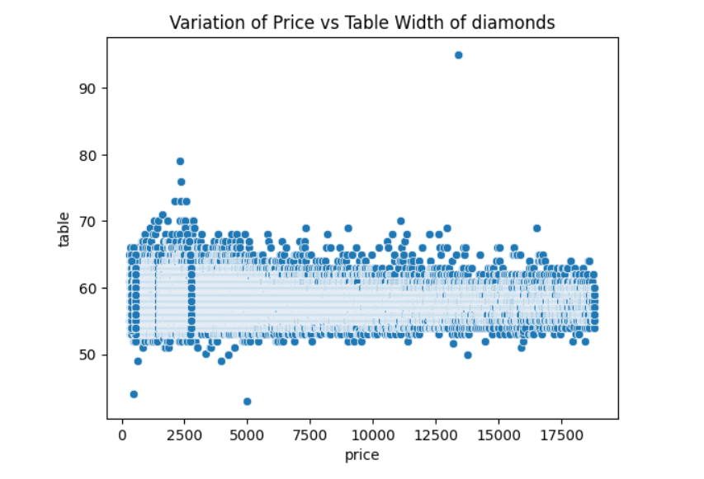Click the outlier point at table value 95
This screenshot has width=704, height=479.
(x=458, y=55)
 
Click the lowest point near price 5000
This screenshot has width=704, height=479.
(x=247, y=402)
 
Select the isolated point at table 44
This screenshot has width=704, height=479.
(x=134, y=394)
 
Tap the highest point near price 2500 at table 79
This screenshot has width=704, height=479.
(x=180, y=162)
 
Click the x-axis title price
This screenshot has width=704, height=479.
(x=362, y=454)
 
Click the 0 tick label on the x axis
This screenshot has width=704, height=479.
(x=122, y=434)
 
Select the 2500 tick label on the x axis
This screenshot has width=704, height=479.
(x=185, y=434)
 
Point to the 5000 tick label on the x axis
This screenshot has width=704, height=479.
(x=248, y=434)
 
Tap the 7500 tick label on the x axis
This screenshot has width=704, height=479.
(x=310, y=434)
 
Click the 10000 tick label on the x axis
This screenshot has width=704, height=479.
(x=373, y=434)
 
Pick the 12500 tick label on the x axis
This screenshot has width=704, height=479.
(x=436, y=434)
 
